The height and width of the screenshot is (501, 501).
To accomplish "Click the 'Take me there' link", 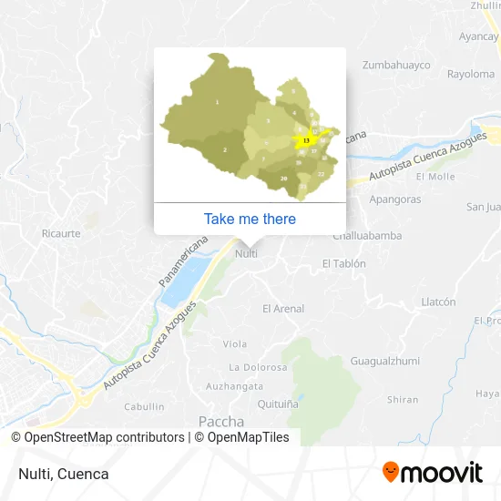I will click(x=250, y=219).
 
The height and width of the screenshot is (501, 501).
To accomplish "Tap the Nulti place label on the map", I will click(x=246, y=253).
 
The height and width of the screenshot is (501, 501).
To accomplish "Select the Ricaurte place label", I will click(x=61, y=233).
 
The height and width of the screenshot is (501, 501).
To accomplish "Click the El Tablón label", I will click(x=343, y=263).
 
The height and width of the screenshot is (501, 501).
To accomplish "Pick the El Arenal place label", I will click(x=283, y=309).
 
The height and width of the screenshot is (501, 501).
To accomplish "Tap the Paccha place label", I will click(x=221, y=422).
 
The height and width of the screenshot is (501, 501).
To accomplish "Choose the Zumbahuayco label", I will click(x=396, y=65).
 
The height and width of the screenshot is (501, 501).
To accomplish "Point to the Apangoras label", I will click(x=395, y=199).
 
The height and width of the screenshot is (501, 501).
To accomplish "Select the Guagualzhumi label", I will click(x=383, y=362).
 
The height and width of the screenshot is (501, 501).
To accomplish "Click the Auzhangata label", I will click(x=234, y=386).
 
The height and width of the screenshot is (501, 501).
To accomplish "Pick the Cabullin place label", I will click(x=144, y=406).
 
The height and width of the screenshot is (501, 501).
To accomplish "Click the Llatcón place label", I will click(x=438, y=302).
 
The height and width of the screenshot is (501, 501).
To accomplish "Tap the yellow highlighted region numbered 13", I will click(x=307, y=139).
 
